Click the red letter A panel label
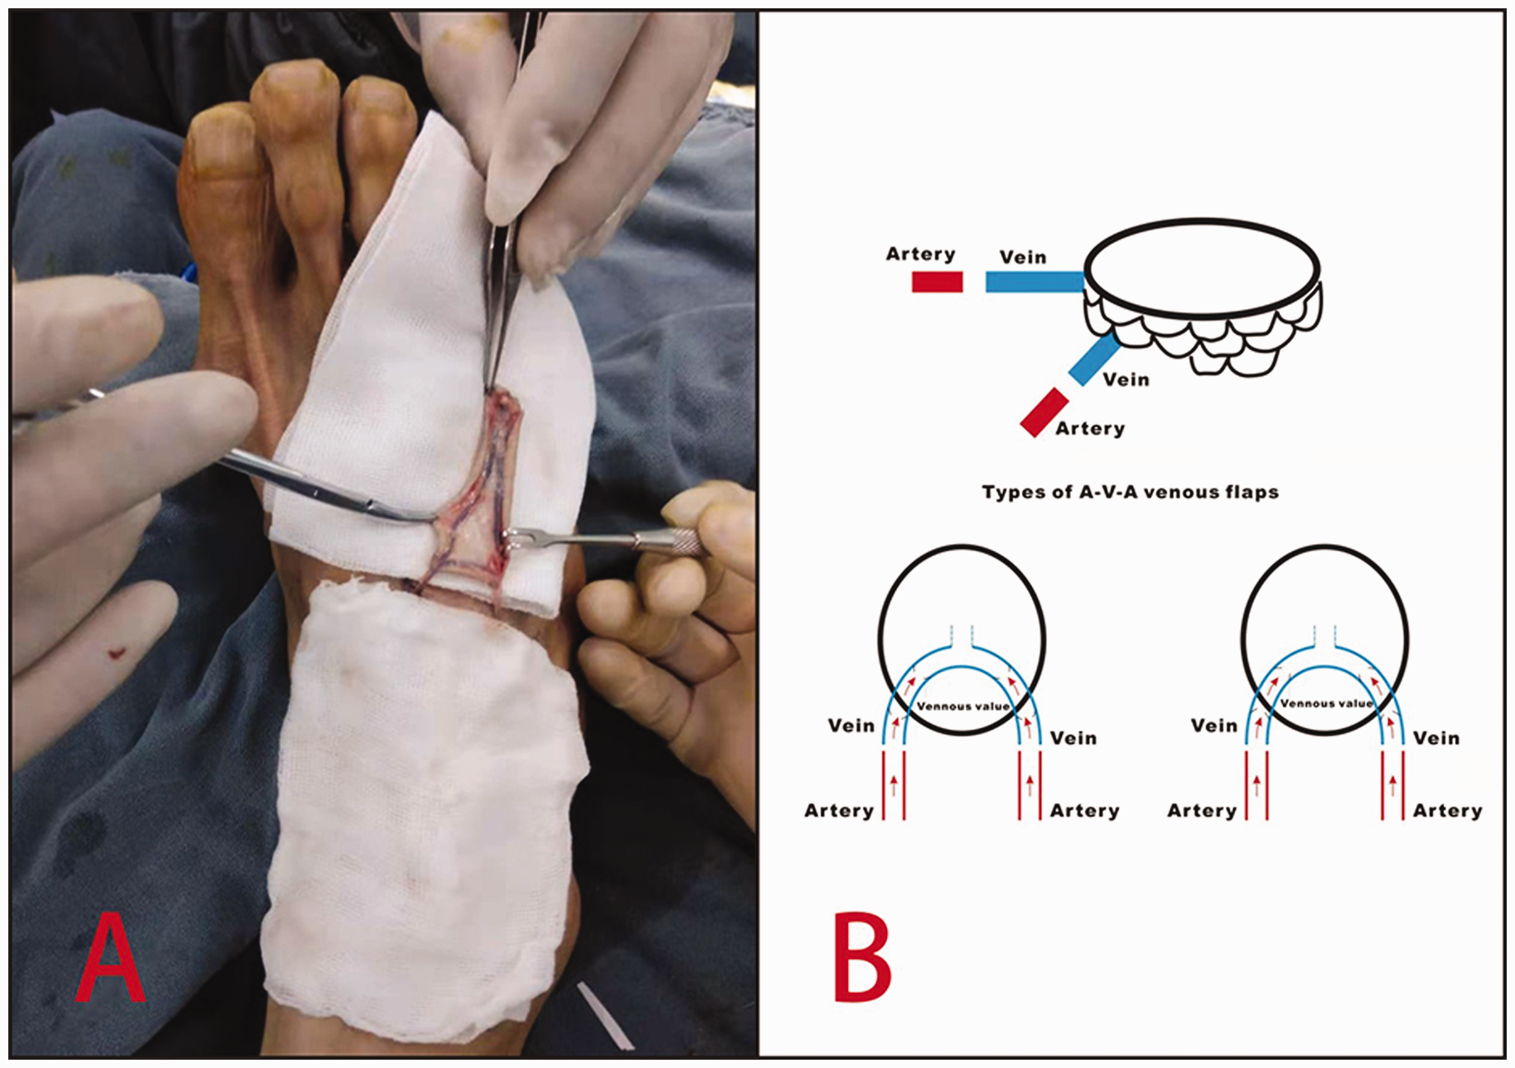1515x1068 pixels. pos(110,958)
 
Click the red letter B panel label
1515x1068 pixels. pos(863,957)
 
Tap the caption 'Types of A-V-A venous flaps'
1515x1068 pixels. pos(1129,492)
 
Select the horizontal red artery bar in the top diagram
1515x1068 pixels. pos(937,282)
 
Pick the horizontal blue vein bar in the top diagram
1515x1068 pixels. pos(1035,282)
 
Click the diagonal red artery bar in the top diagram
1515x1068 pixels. pos(1044,412)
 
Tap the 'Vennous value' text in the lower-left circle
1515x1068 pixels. pos(963,706)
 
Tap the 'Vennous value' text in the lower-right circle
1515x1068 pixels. pos(1326,704)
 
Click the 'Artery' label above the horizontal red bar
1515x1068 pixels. pos(920,254)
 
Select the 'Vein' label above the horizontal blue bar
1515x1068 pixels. pos(1023,257)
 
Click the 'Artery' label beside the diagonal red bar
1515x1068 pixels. pos(1090,429)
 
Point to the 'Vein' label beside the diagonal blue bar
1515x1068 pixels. pos(1126,380)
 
